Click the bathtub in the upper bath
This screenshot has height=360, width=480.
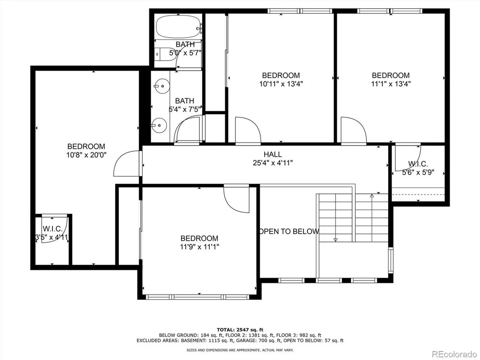coord(178,26)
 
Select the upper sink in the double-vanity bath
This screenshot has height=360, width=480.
coord(161,86)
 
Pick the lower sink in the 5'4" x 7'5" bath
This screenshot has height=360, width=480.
coord(159,125)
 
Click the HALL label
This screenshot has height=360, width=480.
coord(273,155)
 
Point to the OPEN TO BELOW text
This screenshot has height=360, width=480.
coord(289,231)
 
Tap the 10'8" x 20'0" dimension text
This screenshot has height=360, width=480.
coord(86,155)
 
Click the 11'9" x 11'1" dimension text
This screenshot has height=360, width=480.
coord(200,247)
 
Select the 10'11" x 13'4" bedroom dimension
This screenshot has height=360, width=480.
coord(281,84)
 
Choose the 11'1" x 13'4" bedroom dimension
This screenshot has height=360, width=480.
coord(391,84)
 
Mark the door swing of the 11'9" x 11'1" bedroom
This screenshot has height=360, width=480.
coord(237,199)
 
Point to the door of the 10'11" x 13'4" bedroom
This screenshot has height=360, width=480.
coord(248,130)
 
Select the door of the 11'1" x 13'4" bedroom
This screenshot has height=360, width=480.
coord(354,130)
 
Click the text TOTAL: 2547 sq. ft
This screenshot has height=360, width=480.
coord(240,330)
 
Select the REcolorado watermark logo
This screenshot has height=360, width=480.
coord(454,354)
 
